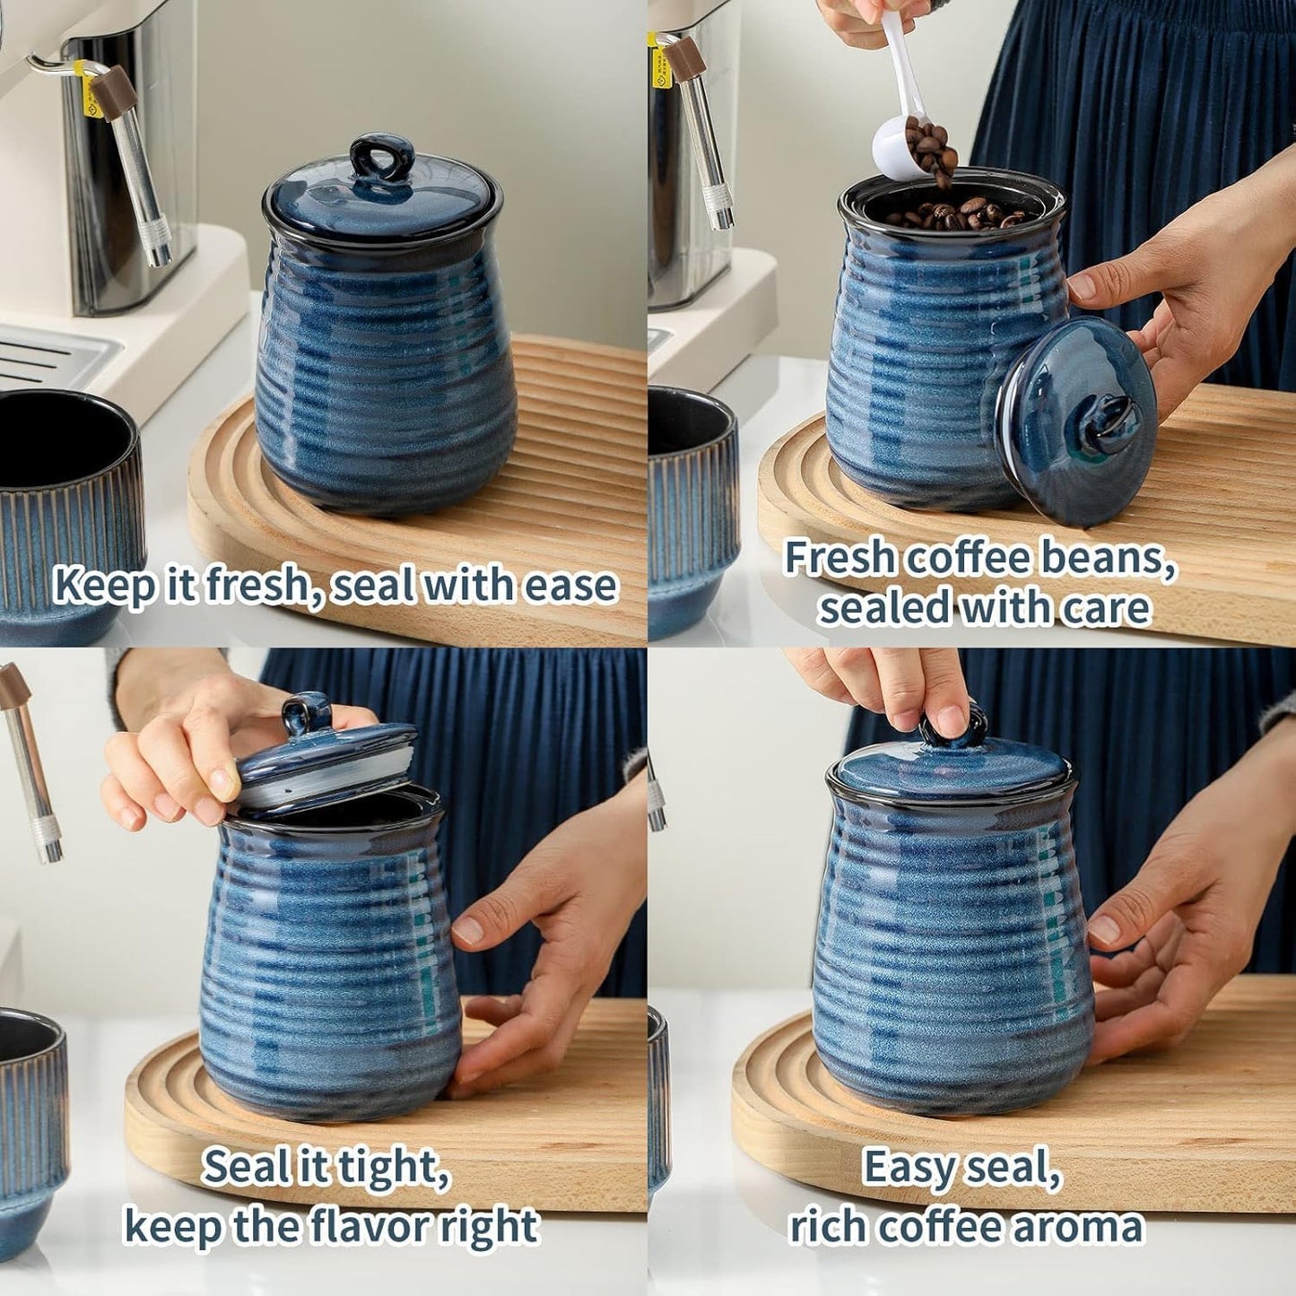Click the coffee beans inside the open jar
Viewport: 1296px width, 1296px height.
pyautogui.click(x=955, y=214)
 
